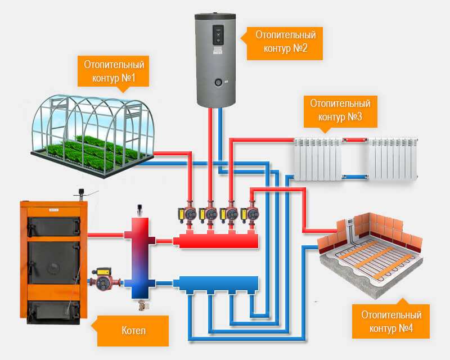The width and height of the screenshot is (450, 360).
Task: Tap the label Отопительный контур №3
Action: point(340,111)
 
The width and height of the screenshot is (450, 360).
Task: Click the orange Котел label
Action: point(133,330)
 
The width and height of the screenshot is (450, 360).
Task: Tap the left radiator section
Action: point(318,160)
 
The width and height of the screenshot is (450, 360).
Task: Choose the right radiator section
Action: point(393,160)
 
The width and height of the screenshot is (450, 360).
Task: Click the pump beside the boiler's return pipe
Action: point(103,280)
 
